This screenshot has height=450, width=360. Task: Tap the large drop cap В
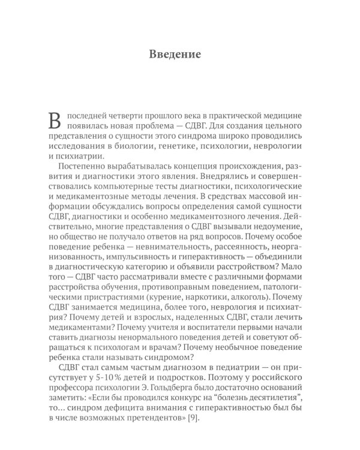55,121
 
